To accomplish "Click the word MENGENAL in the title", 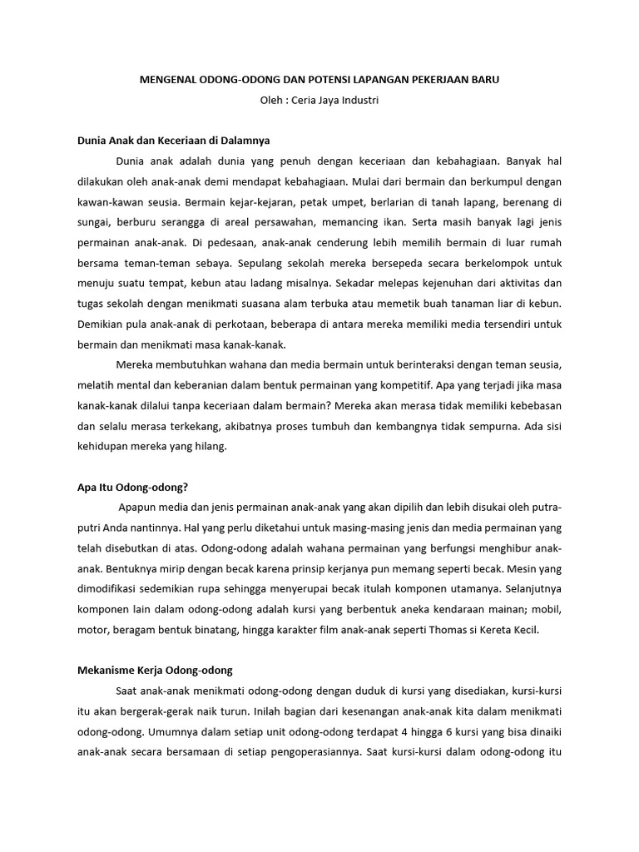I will tap(166, 80).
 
